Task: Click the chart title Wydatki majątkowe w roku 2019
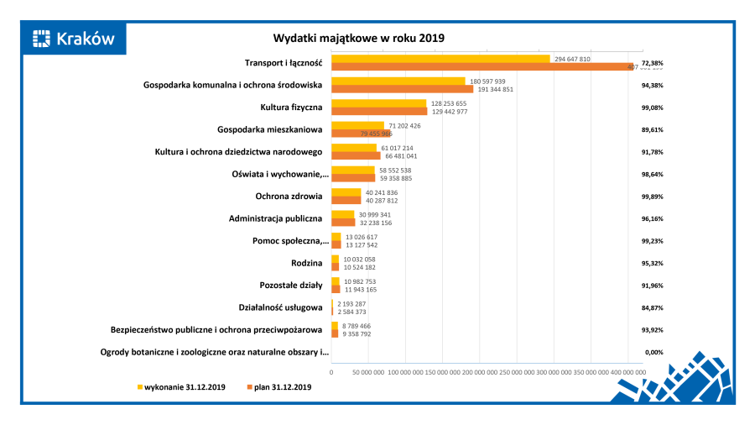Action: pyautogui.click(x=358, y=38)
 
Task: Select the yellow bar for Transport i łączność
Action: pyautogui.click(x=440, y=59)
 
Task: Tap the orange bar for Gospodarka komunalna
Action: pyautogui.click(x=402, y=88)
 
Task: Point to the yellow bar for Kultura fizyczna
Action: pyautogui.click(x=379, y=103)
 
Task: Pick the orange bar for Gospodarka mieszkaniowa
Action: pyautogui.click(x=361, y=134)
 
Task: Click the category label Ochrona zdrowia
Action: pyautogui.click(x=289, y=197)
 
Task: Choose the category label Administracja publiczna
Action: pyautogui.click(x=275, y=218)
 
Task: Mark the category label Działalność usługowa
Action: pyautogui.click(x=280, y=307)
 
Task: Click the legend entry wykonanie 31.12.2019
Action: pyautogui.click(x=180, y=386)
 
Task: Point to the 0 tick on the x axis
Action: pyautogui.click(x=331, y=370)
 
